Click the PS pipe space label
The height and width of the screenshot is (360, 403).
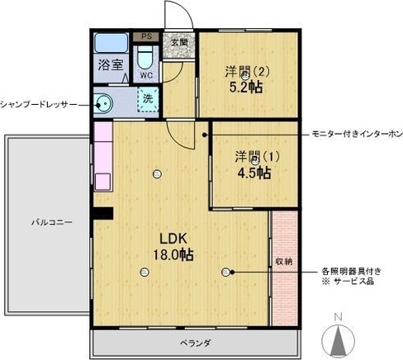click(x=147, y=36)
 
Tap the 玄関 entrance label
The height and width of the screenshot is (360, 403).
click(x=179, y=42)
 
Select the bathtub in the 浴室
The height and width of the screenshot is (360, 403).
click(x=111, y=43)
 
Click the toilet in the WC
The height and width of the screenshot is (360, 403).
click(x=145, y=57)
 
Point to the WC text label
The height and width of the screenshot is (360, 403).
click(x=146, y=75)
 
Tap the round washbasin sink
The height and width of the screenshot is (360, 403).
click(x=103, y=104)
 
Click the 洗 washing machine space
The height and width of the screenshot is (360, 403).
click(x=148, y=99)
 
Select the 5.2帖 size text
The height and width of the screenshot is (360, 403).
click(x=245, y=88)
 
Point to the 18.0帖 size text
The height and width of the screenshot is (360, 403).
click(x=173, y=255)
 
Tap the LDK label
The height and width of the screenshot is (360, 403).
click(x=173, y=239)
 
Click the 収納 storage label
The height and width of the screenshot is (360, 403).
click(x=284, y=262)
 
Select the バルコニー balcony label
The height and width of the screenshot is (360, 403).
click(x=52, y=222)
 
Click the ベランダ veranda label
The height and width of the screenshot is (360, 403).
click(x=196, y=343)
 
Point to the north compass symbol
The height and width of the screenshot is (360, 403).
click(x=339, y=338)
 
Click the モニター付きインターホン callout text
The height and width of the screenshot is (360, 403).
click(x=357, y=135)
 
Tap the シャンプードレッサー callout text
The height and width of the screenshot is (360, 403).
click(x=38, y=105)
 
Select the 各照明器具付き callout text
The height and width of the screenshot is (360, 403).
click(x=352, y=272)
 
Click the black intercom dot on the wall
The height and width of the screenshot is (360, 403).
click(x=204, y=135)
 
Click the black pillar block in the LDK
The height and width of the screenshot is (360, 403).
click(x=103, y=213)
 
